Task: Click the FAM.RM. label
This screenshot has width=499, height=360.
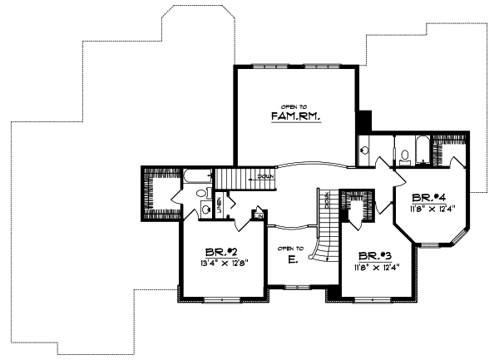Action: (x=295, y=117)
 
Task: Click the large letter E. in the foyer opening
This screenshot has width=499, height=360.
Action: (x=293, y=260)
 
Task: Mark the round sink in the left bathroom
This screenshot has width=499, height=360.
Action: (x=205, y=210)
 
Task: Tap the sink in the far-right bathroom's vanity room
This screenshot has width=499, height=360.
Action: (x=366, y=152)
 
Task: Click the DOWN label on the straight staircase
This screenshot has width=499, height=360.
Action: (x=265, y=176)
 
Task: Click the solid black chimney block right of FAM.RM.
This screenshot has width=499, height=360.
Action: (x=363, y=121)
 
